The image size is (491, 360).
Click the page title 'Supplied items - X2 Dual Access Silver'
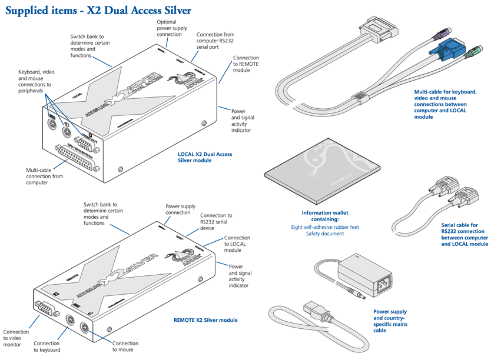tap(98, 10)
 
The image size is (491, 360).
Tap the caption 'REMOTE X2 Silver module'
tap(205, 320)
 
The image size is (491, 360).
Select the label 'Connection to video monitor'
tap(16, 338)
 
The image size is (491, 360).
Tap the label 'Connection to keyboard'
tap(47, 346)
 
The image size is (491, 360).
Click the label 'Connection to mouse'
tap(125, 346)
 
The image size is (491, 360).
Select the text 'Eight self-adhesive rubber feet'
tap(325, 226)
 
